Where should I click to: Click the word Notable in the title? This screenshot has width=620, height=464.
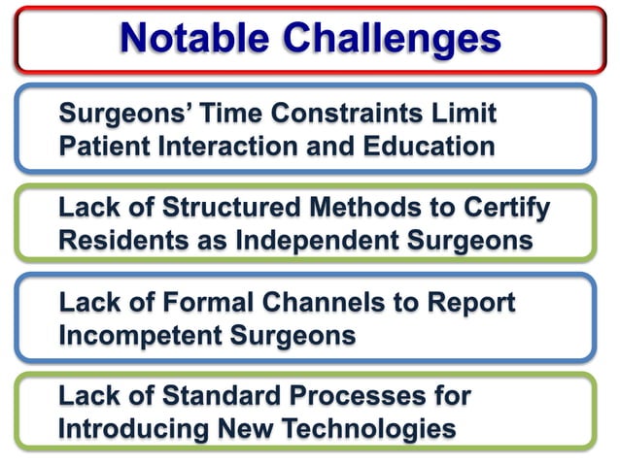coord(194,38)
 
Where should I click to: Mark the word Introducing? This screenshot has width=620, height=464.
coord(135,429)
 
